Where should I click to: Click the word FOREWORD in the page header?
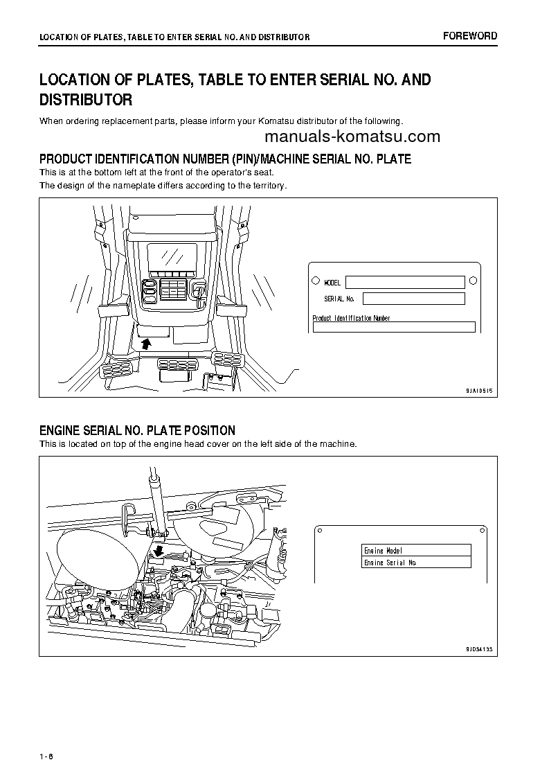pos(470,36)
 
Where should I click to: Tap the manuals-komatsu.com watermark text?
pos(352,136)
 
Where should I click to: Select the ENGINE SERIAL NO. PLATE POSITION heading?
pos(137,431)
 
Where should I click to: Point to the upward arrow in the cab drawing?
pos(146,343)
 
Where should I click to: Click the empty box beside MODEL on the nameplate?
pos(404,282)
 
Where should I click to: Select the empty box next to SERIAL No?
pos(413,299)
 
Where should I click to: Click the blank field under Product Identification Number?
pos(393,328)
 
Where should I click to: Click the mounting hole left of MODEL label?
pos(316,281)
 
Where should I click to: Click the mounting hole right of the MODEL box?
pos(473,281)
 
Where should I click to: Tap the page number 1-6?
pos(46,756)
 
